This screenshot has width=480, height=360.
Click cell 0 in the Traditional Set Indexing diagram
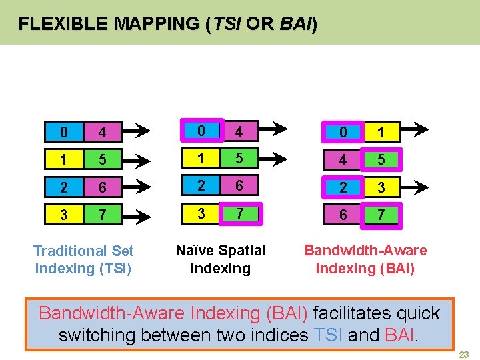click(63, 132)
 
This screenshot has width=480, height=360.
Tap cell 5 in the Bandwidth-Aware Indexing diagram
click(381, 160)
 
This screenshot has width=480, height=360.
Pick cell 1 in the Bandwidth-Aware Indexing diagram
click(381, 132)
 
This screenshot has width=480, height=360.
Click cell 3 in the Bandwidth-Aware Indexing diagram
click(381, 188)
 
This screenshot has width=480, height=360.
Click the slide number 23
click(465, 354)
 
